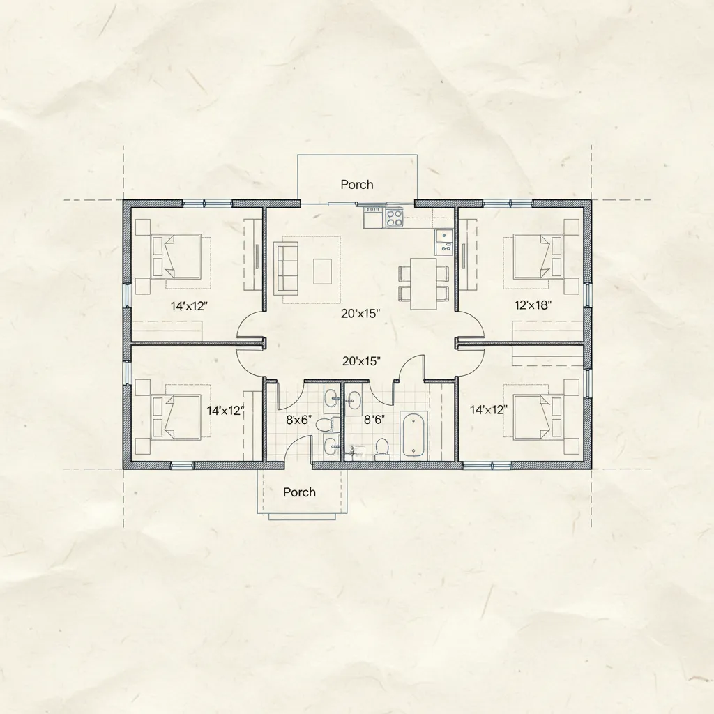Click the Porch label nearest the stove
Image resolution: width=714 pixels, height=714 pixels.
pos(357,184)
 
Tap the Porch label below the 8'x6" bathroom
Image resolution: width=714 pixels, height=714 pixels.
pos(299,492)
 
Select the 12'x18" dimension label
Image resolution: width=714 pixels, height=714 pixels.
pos(533,305)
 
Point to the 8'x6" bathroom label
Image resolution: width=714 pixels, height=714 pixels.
pos(298,420)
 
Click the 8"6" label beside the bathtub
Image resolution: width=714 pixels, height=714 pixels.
pos(374,420)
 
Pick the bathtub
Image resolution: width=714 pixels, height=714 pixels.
pos(415,435)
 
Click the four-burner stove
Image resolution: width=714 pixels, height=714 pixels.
pos(395,218)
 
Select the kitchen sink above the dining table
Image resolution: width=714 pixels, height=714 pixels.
pos(443,242)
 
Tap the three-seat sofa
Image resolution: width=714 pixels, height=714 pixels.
pos(285,268)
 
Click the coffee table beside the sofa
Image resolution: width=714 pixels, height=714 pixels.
pos(322,271)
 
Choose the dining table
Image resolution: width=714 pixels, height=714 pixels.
pos(423,283)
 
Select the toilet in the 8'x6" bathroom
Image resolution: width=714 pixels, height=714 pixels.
pos(325,425)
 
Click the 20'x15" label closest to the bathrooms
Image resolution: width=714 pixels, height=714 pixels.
pos(362,361)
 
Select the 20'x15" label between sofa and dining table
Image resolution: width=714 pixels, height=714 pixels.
pos(360,313)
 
